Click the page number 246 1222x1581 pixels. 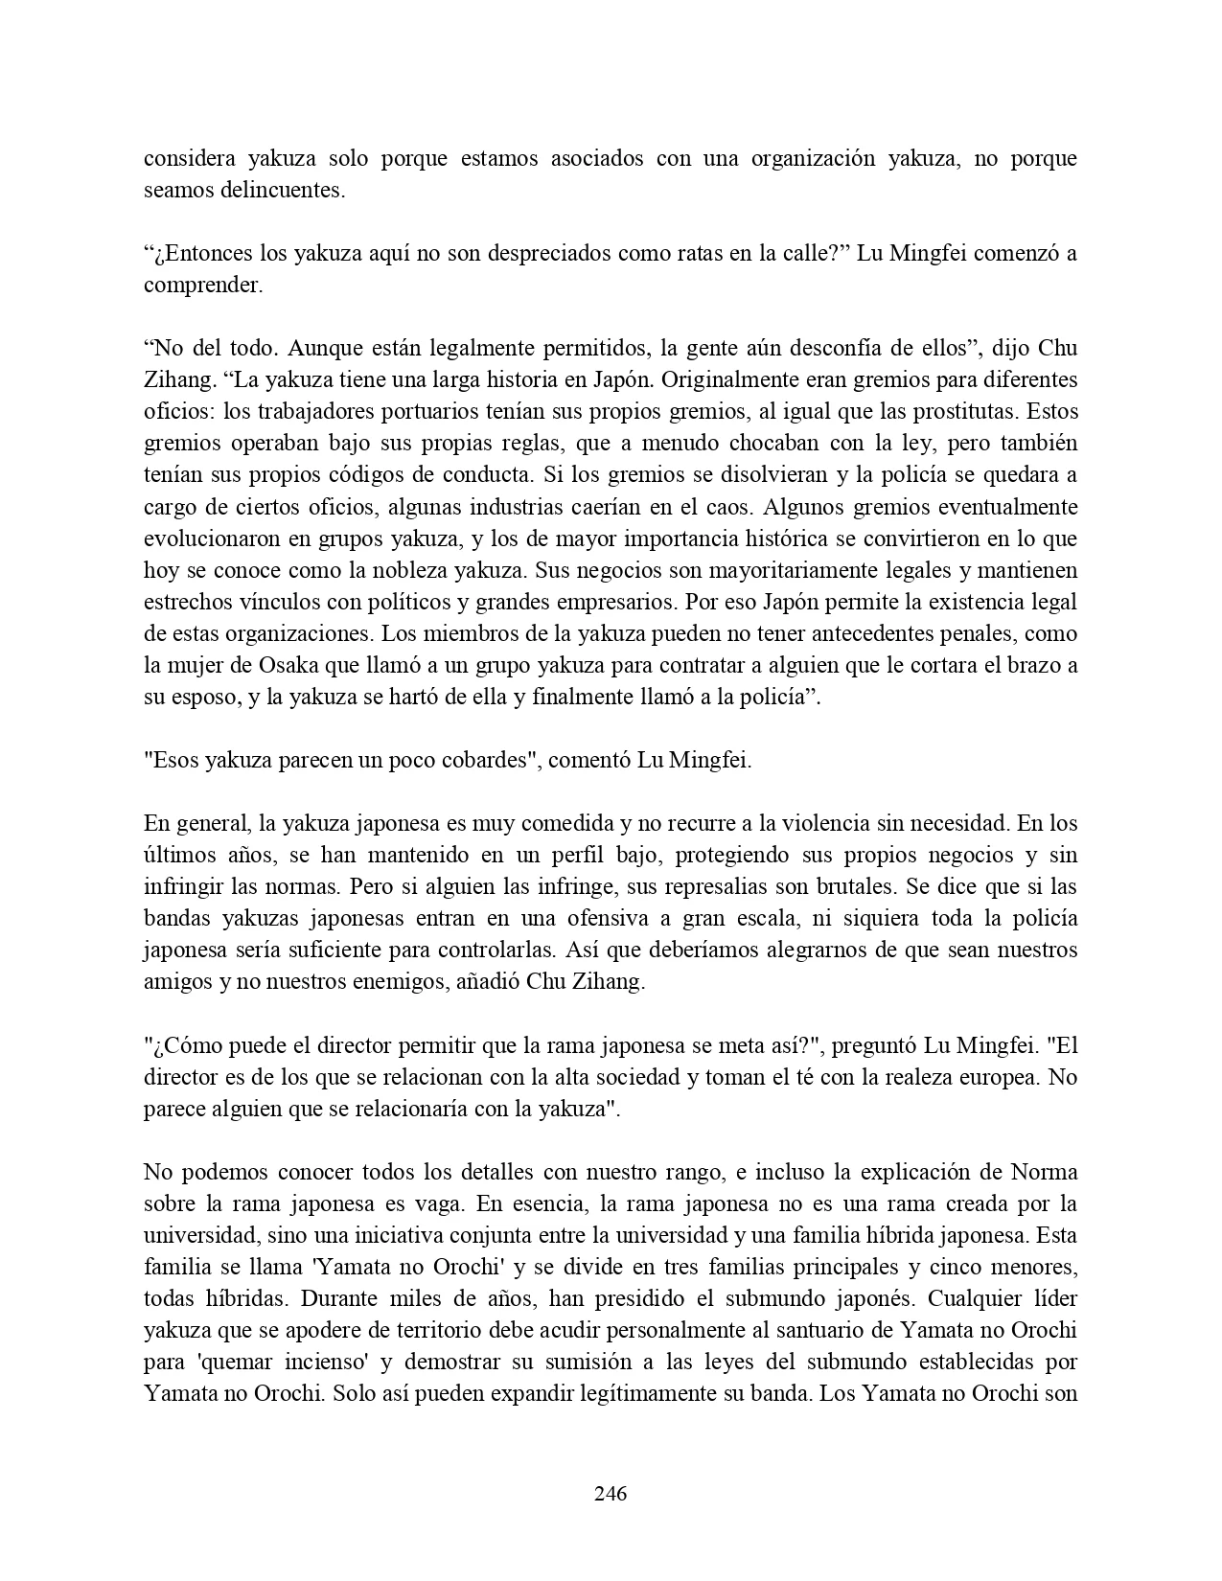point(611,1493)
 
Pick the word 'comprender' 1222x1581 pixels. point(202,286)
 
